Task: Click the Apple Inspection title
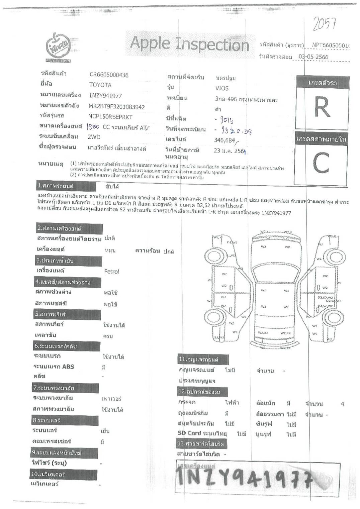click(x=189, y=44)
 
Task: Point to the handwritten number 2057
click(x=324, y=23)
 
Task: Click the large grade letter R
click(x=322, y=107)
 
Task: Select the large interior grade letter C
click(x=321, y=163)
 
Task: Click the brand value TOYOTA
click(x=100, y=85)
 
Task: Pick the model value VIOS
click(x=222, y=88)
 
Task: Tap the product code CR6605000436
click(x=109, y=75)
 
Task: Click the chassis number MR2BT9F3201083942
click(x=116, y=107)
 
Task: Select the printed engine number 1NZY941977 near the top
click(x=105, y=96)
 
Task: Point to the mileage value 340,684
click(x=224, y=140)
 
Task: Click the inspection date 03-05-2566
click(x=313, y=57)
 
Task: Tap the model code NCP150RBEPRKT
click(x=110, y=117)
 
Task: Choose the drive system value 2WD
click(x=94, y=137)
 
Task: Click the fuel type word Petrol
click(x=111, y=272)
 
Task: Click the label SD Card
click(x=189, y=433)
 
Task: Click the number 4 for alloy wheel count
click(x=342, y=404)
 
